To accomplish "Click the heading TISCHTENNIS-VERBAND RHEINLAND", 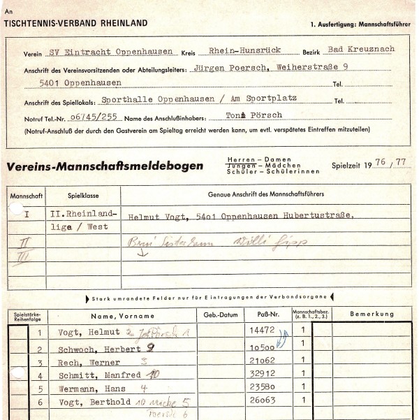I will coord(75,23).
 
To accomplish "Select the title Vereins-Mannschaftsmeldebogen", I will coord(105,166).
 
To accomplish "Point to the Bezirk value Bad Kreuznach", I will coord(361,49).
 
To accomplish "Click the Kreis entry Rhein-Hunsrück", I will coord(241,51).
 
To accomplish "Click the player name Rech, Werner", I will coord(87,363).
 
